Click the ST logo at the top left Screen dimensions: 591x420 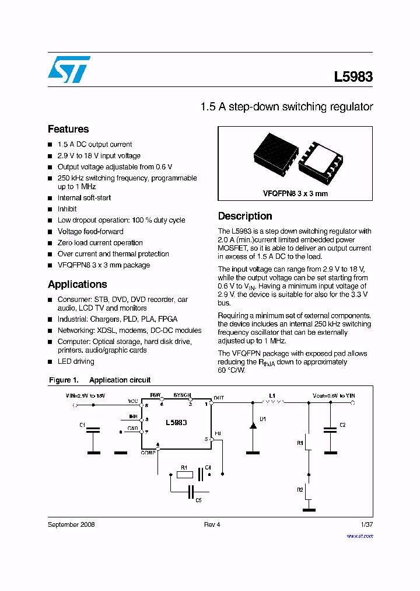[68, 69]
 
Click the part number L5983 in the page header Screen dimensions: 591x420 [353, 77]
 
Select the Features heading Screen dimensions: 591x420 [68, 129]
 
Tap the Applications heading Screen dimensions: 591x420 [77, 284]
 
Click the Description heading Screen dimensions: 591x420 [245, 216]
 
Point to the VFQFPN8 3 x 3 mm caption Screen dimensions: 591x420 [295, 193]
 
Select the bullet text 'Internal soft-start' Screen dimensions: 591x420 [84, 198]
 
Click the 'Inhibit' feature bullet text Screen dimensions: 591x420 [67, 209]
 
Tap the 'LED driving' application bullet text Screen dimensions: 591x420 [76, 361]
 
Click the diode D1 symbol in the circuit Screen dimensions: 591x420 [253, 426]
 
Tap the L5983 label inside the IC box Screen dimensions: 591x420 [176, 422]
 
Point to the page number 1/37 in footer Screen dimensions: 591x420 [366, 524]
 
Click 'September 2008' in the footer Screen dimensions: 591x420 [71, 524]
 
